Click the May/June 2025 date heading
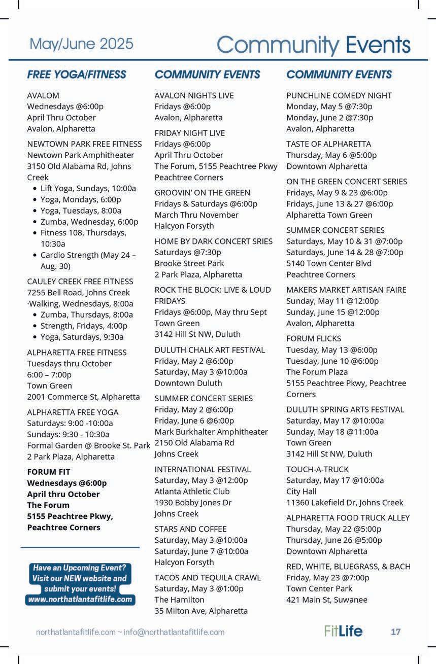click(81, 44)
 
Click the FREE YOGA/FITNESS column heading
click(77, 75)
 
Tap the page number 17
click(395, 632)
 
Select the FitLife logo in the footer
click(343, 631)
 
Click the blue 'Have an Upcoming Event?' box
click(80, 583)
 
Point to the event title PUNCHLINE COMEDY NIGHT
click(339, 95)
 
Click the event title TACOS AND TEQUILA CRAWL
click(208, 577)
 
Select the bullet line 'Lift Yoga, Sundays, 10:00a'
click(88, 188)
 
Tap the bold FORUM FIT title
click(49, 472)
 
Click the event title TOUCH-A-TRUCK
click(317, 469)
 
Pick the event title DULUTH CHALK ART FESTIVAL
click(210, 350)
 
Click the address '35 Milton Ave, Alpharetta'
click(201, 611)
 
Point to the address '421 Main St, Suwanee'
click(326, 600)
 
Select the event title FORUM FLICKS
click(314, 338)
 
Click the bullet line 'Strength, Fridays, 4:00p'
click(84, 326)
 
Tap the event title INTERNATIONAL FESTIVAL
click(203, 469)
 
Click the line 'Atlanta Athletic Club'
click(192, 491)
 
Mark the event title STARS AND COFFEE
click(190, 529)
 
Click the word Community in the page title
click(278, 45)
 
